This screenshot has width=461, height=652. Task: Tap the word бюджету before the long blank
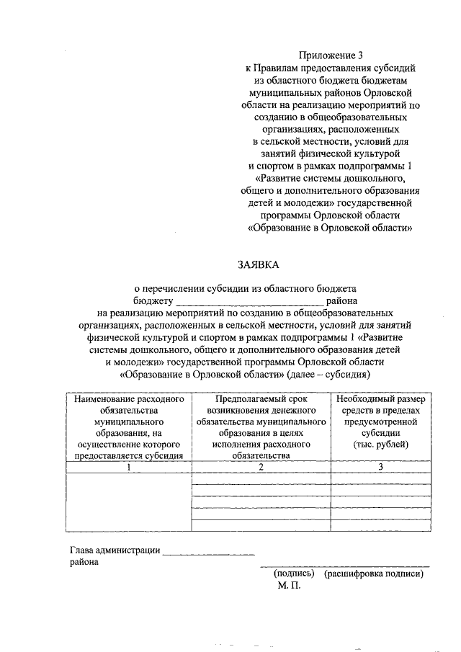(x=153, y=300)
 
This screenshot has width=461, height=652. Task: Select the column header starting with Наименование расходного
(x=125, y=427)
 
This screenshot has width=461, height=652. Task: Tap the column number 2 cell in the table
(x=261, y=468)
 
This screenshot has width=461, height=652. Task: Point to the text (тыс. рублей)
(x=380, y=445)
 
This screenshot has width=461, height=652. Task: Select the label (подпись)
(x=293, y=574)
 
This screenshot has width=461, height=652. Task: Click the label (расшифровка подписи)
(x=373, y=574)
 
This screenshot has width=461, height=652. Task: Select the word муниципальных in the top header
(x=281, y=92)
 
